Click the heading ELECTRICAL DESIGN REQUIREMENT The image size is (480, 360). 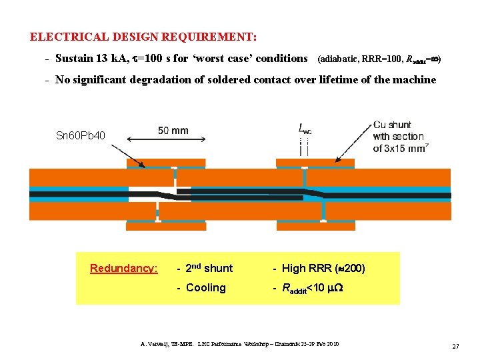tap(143, 37)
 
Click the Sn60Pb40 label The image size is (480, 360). tap(80, 136)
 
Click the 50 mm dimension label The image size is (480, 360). tap(173, 131)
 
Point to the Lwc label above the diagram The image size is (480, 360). tap(305, 129)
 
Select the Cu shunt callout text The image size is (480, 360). tap(392, 125)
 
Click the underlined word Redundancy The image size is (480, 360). tap(124, 269)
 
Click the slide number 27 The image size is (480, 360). tap(456, 346)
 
